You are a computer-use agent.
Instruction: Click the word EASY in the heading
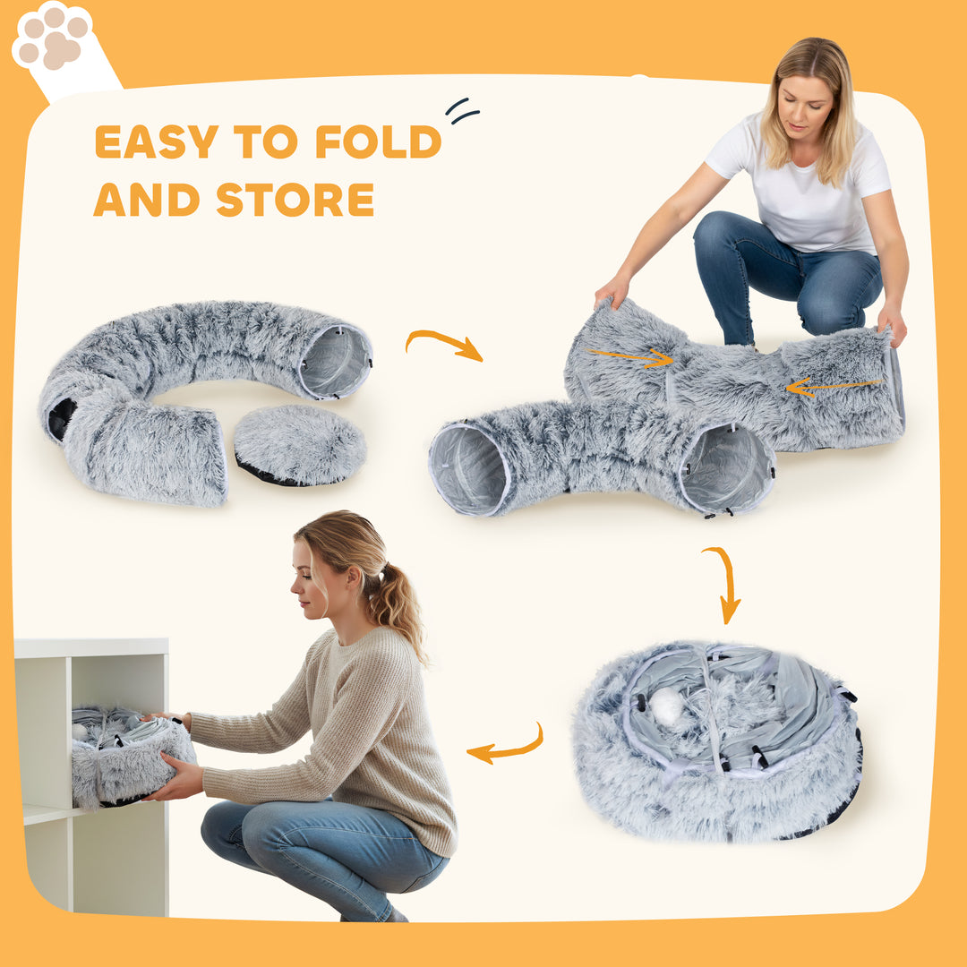[156, 142]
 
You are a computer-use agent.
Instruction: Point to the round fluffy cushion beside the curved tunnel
[299, 444]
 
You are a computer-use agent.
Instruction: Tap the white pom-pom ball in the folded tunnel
[666, 706]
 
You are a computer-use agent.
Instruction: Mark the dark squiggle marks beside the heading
[462, 111]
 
